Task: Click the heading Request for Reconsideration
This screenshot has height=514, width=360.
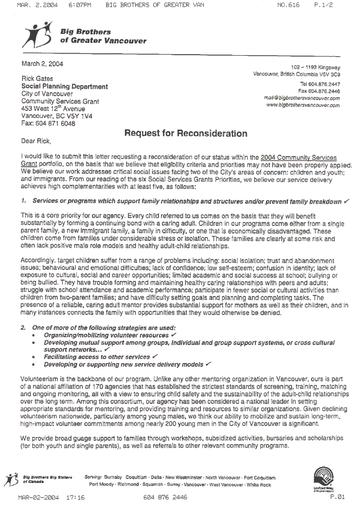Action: [x=186, y=134]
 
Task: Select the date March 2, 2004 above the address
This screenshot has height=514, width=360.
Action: [x=43, y=63]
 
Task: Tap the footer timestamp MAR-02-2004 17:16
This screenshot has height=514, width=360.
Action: [x=51, y=497]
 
